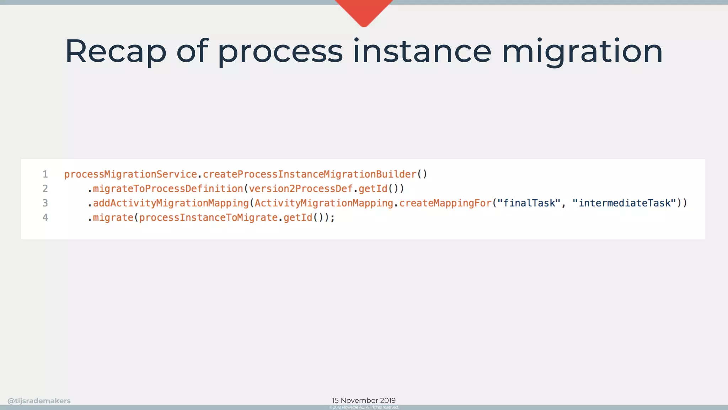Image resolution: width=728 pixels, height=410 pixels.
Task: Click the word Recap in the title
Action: (116, 52)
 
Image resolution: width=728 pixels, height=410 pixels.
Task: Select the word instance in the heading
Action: (422, 52)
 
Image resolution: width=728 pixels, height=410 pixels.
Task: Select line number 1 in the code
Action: (45, 174)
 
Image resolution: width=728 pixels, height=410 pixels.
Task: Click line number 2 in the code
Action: (45, 189)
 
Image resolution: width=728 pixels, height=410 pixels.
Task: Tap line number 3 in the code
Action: (45, 203)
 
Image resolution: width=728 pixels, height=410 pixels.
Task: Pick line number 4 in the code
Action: (45, 217)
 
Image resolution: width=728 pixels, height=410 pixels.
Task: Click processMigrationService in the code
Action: (130, 174)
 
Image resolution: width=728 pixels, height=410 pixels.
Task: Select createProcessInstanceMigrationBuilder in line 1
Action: (310, 174)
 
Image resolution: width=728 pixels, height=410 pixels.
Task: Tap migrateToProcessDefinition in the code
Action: (168, 189)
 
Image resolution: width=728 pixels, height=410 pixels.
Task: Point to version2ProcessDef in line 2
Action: (301, 189)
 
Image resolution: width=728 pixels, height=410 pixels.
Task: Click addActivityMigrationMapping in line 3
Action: (171, 203)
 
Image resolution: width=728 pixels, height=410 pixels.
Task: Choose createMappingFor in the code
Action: (445, 203)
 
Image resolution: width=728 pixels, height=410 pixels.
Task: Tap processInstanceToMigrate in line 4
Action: (208, 217)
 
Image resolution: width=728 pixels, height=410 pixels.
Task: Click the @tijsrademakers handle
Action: (39, 401)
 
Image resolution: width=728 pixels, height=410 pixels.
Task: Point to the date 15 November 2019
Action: (364, 400)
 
